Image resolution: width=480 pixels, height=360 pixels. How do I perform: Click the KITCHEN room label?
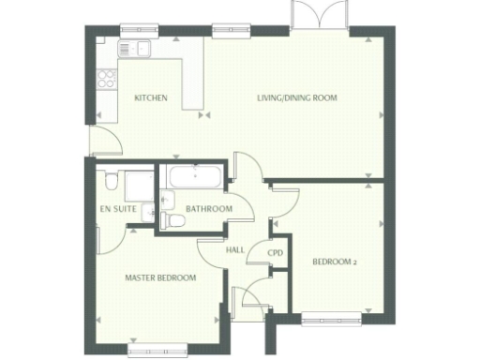(150, 97)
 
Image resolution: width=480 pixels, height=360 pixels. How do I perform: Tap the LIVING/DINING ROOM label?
(297, 97)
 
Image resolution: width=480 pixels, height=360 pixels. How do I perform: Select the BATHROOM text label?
(207, 208)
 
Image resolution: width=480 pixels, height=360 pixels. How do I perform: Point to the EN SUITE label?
(117, 208)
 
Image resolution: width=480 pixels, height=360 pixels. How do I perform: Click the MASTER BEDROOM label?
(160, 277)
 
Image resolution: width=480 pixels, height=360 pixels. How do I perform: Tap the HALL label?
(235, 249)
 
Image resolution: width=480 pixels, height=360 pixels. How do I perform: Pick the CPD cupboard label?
(276, 253)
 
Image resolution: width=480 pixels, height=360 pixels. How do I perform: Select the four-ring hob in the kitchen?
(106, 79)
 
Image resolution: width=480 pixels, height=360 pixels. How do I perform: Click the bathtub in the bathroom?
(193, 176)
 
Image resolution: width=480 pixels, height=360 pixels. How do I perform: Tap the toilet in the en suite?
(111, 181)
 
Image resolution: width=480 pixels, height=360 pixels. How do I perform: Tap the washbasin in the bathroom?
(167, 199)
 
